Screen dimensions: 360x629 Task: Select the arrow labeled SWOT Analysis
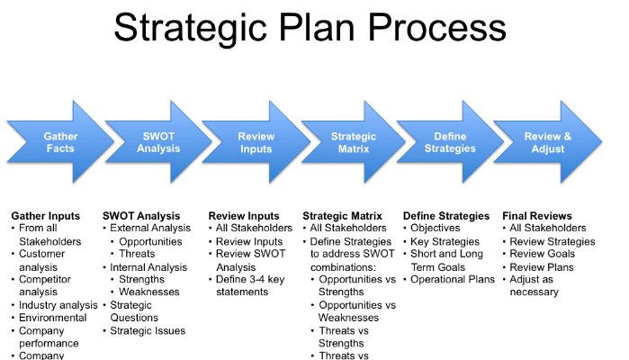coord(158,142)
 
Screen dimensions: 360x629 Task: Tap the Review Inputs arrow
coord(256,142)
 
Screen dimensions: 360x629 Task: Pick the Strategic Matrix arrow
coord(353,142)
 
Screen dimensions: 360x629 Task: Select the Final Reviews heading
coord(537,216)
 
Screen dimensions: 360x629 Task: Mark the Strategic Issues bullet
coord(148,330)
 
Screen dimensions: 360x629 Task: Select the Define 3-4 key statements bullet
coord(252,286)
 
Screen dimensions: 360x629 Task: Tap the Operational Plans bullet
coord(454,279)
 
